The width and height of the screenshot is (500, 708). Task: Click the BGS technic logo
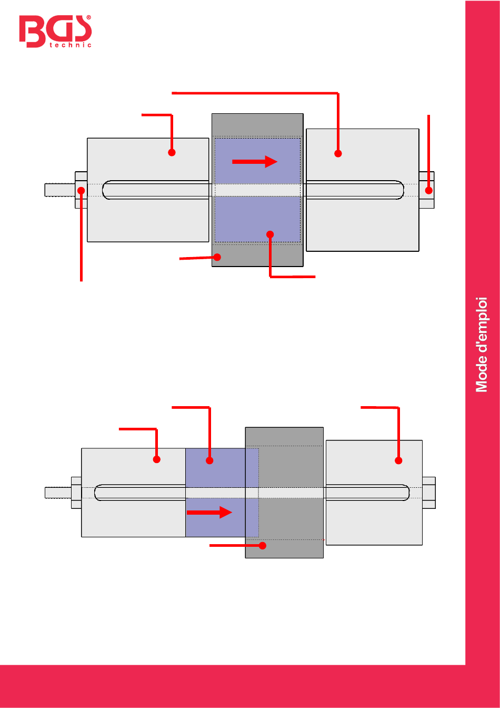tap(55, 31)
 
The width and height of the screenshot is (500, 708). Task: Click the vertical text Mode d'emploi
tap(482, 345)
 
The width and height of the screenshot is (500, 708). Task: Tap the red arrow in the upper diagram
tap(255, 162)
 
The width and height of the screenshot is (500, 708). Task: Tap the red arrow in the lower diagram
tap(209, 513)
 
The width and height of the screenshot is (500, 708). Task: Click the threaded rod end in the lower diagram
tap(58, 493)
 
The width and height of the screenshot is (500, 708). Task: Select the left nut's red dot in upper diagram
tap(81, 191)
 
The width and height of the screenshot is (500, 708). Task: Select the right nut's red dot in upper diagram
tap(428, 191)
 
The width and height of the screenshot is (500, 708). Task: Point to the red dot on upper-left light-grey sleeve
tap(172, 153)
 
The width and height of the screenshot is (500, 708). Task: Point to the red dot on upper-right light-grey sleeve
tap(338, 154)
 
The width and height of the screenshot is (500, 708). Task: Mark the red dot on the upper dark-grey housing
tap(217, 257)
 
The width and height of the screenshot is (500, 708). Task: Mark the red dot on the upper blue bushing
tap(270, 234)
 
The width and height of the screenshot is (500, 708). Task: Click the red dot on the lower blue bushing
tap(209, 460)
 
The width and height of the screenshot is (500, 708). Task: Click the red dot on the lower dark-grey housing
tap(263, 546)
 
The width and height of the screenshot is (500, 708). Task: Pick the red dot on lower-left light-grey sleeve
tap(157, 459)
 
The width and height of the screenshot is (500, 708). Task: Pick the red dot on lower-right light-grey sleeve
tap(398, 460)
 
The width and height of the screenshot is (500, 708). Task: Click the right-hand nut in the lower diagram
tap(429, 493)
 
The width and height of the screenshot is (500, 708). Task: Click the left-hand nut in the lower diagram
tap(76, 493)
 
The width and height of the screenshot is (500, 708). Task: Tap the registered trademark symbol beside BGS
tap(89, 17)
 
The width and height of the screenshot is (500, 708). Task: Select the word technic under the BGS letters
tap(71, 45)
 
